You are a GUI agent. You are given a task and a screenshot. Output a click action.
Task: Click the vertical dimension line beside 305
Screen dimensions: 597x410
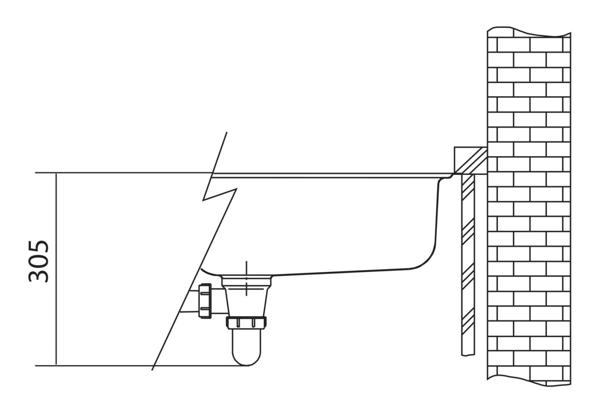56,269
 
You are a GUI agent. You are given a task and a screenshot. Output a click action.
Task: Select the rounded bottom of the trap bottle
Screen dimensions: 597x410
246,357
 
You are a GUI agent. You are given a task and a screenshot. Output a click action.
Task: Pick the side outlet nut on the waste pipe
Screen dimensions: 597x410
205,301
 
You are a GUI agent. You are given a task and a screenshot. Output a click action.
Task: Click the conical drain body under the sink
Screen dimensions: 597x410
247,300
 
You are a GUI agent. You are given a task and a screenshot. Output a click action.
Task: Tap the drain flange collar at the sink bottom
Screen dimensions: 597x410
246,281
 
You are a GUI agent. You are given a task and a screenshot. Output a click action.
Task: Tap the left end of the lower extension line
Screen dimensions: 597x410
35,366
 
